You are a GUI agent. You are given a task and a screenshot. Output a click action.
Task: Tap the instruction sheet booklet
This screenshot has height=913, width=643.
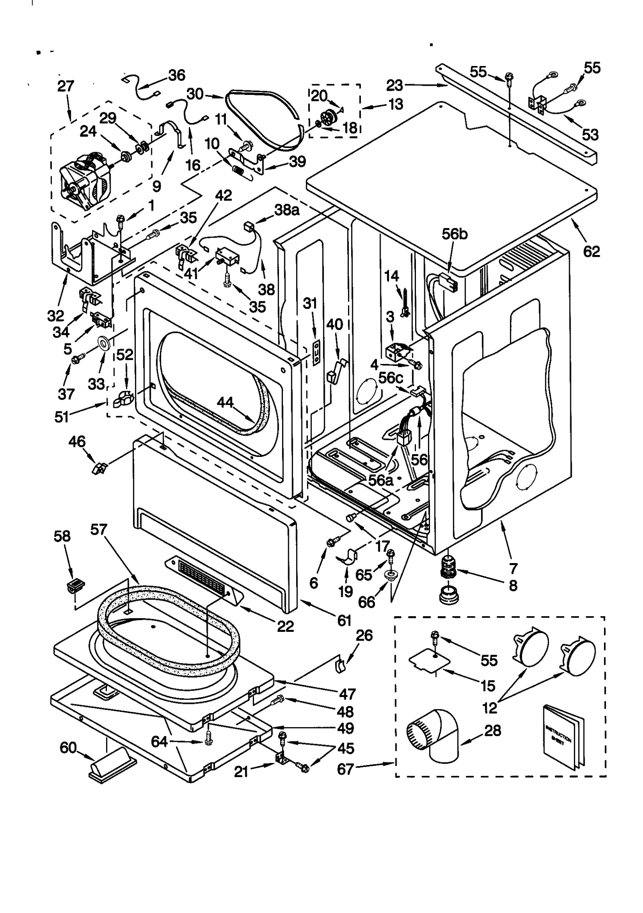(562, 737)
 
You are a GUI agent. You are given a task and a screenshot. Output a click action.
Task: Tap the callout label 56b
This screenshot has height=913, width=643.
(455, 234)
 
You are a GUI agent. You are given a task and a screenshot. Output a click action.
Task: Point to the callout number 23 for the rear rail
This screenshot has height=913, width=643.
(394, 85)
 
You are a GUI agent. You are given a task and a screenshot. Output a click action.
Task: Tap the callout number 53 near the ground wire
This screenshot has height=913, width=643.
(590, 135)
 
